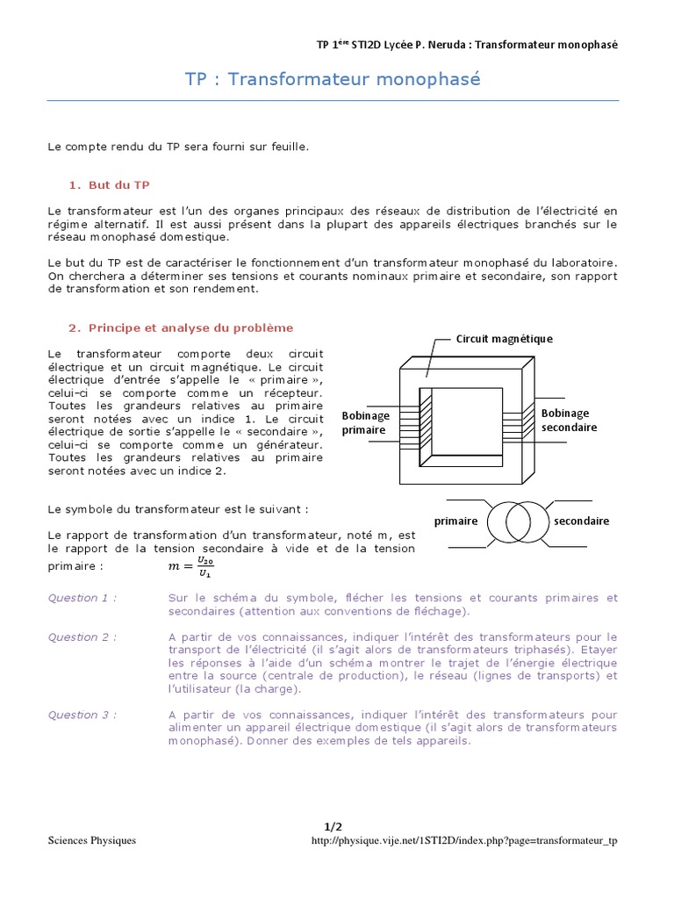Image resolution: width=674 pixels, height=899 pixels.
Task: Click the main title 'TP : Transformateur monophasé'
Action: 333,80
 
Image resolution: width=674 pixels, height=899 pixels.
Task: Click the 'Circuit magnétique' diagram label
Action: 504,338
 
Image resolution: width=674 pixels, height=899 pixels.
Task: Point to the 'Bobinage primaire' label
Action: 365,422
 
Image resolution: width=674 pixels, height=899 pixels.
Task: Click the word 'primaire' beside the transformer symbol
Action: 455,521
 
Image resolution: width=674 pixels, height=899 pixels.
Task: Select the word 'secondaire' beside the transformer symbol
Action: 581,521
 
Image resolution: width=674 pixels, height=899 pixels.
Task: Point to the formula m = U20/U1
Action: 190,566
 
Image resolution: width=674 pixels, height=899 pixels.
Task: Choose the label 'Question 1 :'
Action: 82,598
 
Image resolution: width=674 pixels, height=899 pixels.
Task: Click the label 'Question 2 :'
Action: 82,636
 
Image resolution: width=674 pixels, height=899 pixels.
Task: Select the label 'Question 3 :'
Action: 82,715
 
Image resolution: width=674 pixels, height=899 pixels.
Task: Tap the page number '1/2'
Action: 332,826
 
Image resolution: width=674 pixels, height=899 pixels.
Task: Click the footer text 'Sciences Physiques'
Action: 91,840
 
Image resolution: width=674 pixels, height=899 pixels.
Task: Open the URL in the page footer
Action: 464,840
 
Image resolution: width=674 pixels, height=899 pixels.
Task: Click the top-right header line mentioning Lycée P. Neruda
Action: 467,45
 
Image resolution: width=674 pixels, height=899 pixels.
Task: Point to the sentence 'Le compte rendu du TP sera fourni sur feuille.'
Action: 178,147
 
